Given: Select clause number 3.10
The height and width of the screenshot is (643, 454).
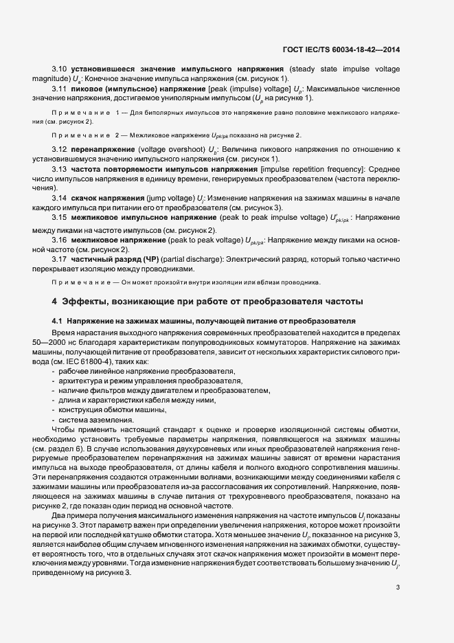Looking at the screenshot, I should [60, 69].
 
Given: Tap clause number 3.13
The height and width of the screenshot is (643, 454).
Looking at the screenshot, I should [60, 169].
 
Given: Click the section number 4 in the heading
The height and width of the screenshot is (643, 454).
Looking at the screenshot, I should [54, 302].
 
